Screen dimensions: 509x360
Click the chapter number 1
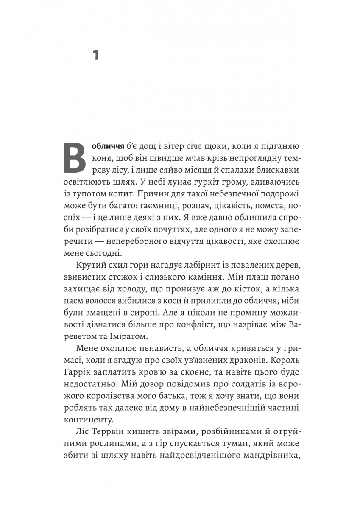point(96,55)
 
